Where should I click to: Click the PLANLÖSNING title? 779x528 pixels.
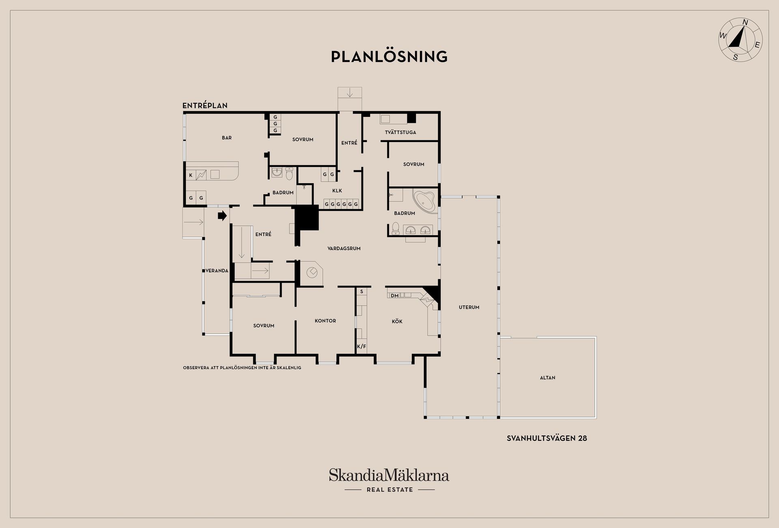389,57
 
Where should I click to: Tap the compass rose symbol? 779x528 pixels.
740,40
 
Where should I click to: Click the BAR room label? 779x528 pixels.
227,138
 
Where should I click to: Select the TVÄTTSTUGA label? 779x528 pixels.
400,132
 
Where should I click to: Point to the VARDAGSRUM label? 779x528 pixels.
344,249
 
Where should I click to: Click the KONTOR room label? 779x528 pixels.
325,321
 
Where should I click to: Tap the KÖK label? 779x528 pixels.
397,322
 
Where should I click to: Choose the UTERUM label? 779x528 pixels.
469,307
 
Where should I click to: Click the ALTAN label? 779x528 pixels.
548,378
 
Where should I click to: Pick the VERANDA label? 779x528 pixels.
217,270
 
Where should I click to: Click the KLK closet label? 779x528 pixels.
337,191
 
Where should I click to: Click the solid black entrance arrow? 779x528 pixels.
222,216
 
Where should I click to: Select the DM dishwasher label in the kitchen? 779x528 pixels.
395,296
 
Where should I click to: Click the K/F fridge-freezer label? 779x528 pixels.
362,347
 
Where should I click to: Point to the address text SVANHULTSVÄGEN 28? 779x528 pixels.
547,438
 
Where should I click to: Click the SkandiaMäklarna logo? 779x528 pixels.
389,480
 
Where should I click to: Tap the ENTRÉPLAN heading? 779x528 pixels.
205,106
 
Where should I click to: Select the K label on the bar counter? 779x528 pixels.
191,176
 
